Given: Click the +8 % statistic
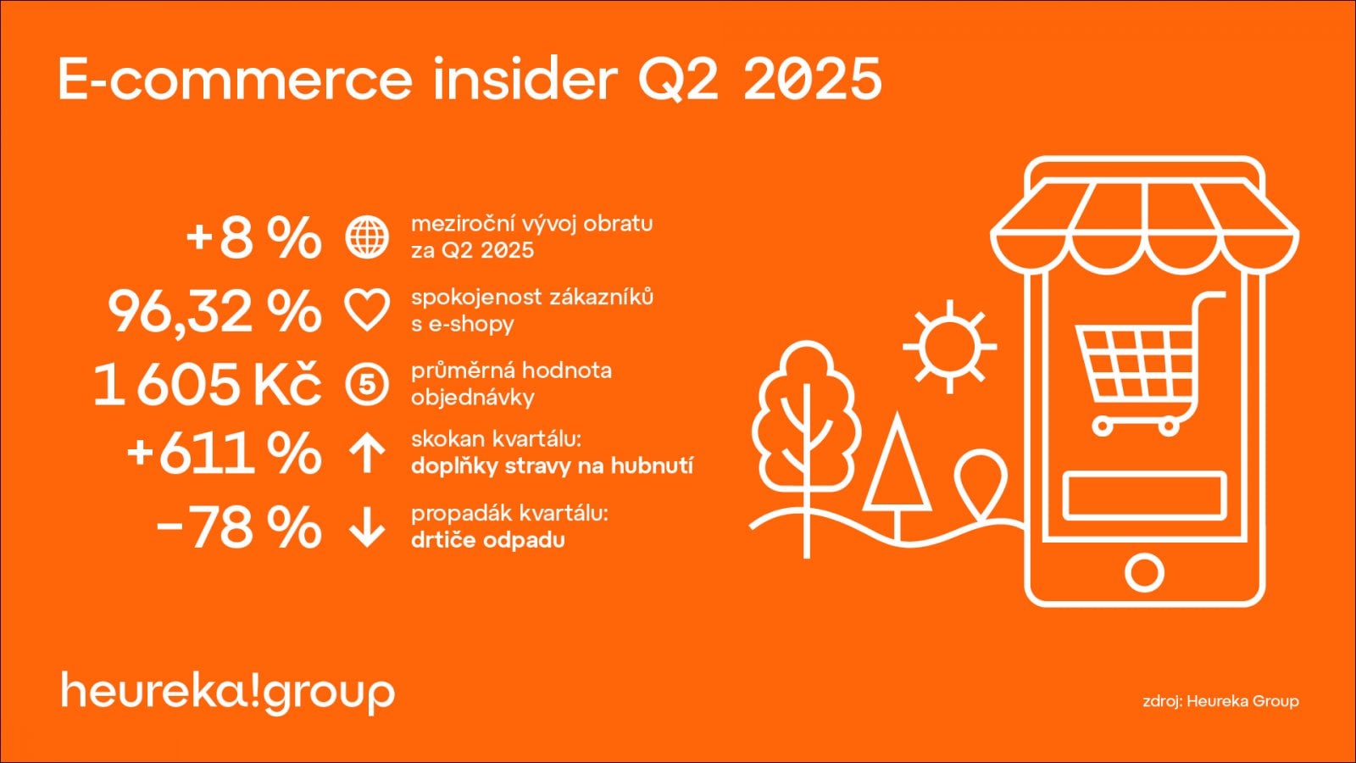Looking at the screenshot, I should point(253,238).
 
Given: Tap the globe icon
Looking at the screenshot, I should point(367,237).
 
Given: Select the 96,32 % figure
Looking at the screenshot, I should point(214,311).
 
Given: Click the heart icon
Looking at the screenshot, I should point(367,310).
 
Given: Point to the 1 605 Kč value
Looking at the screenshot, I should point(208,384).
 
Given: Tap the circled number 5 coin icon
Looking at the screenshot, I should point(367,384).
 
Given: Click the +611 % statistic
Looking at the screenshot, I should point(224,454).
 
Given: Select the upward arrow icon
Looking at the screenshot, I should point(367,454).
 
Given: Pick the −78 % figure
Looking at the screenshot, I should point(239,527).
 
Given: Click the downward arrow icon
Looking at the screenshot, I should point(367,527).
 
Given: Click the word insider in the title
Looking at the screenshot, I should point(524,79).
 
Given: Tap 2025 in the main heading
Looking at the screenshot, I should point(813,79).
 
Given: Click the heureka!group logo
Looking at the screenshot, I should point(228,692).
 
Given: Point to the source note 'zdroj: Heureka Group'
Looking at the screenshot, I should point(1220,701).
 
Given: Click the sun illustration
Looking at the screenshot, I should point(949,347).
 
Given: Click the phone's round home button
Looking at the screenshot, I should point(1144,572).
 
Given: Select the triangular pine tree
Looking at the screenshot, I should point(897,471).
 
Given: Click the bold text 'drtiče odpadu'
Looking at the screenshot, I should point(487,540).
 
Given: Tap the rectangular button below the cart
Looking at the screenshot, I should point(1144,495).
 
